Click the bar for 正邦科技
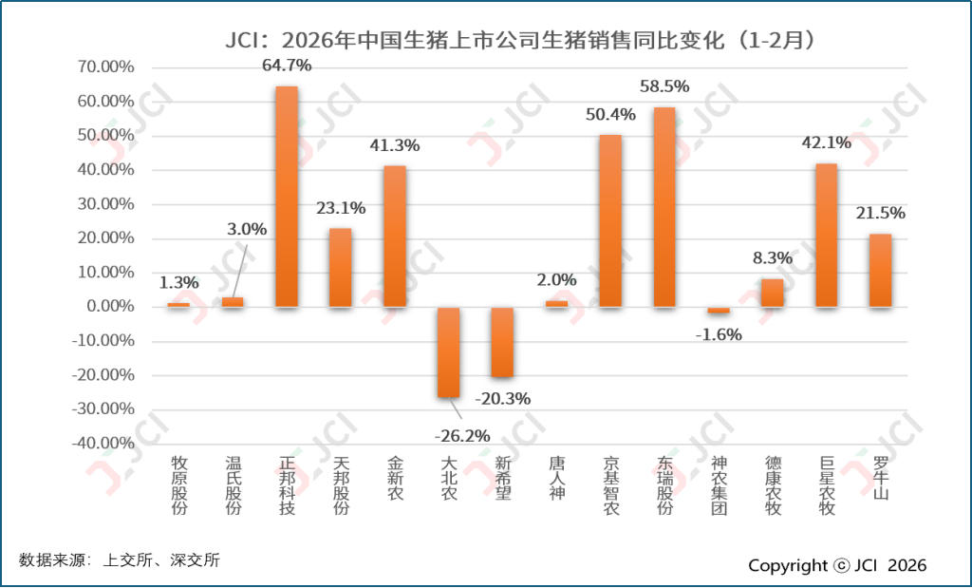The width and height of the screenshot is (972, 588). pos(287,197)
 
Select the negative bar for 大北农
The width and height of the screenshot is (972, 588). pos(448,351)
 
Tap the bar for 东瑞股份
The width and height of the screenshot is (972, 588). pos(664,207)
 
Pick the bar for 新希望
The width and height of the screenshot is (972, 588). pos(502,342)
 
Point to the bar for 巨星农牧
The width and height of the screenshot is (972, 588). pos(826,235)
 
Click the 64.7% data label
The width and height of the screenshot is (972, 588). pos(287,66)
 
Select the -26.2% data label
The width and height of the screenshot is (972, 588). pos(461,436)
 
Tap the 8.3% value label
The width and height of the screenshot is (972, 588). pos(772,257)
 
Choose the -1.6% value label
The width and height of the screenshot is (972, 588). pos(719,333)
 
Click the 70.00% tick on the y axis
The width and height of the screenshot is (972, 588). pos(104,67)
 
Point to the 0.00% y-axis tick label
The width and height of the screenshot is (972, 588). pos(108,307)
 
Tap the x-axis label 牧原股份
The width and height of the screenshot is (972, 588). pos(179,485)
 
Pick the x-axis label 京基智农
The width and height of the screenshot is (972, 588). pos(611,485)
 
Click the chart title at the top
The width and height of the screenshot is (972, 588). pos(521,41)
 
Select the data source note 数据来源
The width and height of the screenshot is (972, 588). pos(119,560)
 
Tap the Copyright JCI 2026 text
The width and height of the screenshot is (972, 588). pos(837,565)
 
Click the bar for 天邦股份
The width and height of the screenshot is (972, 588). pos(341,267)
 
